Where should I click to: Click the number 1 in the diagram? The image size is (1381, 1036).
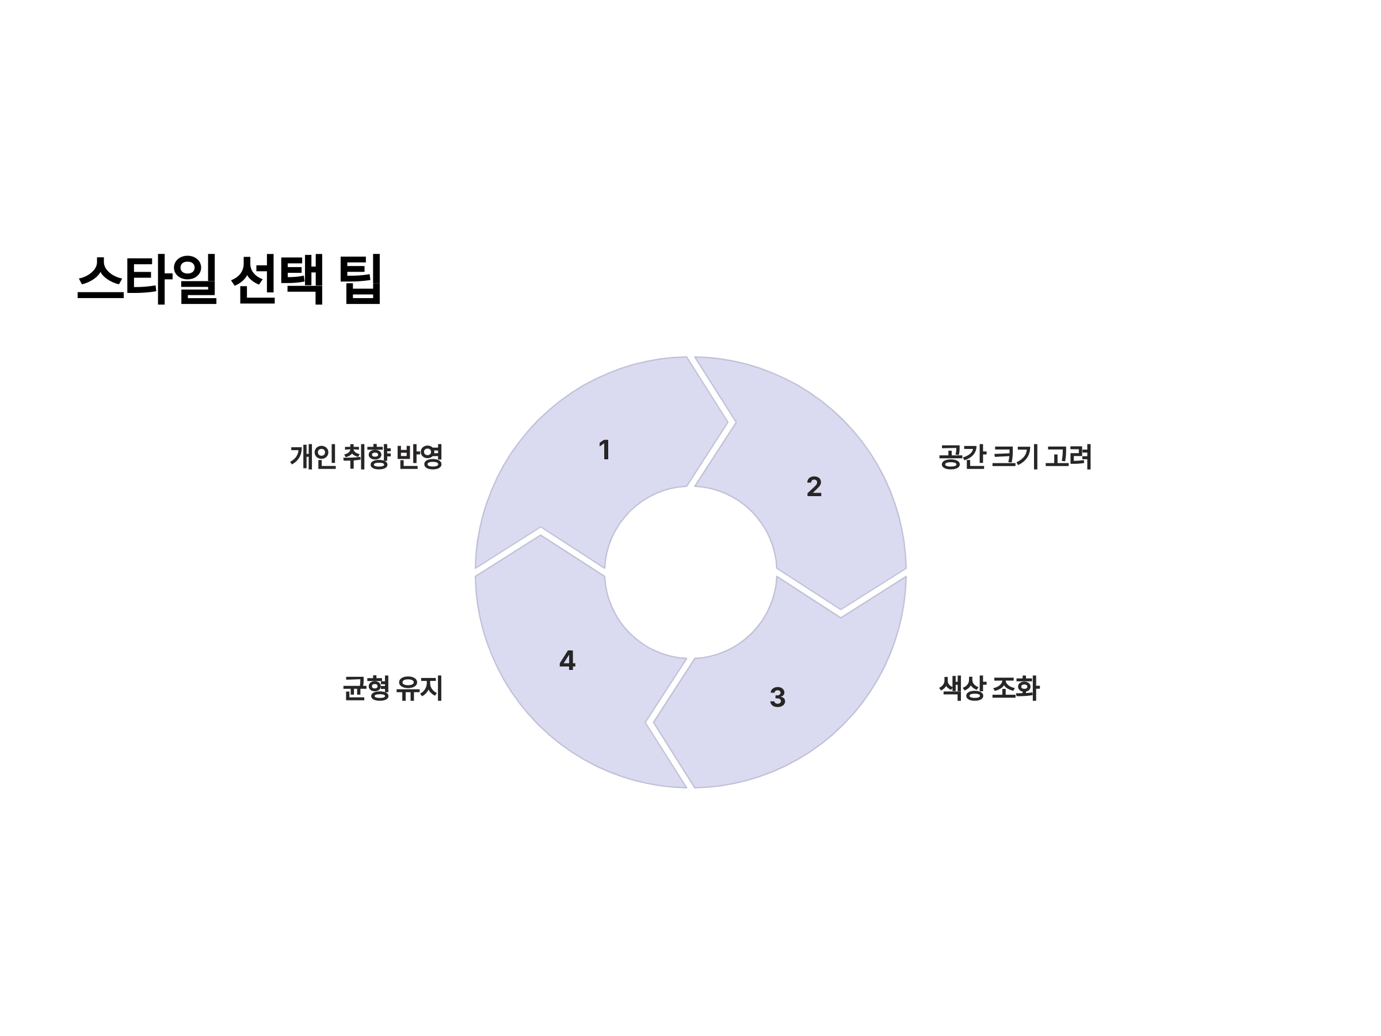coord(604,450)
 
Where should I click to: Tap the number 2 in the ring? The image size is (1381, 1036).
coord(814,486)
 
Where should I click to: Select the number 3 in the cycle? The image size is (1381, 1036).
coord(777,698)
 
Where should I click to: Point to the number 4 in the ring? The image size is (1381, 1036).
coord(567,661)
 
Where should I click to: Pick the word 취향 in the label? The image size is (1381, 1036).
coord(367,456)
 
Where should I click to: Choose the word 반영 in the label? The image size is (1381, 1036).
coord(419,456)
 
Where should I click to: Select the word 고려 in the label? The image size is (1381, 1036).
coord(1068,456)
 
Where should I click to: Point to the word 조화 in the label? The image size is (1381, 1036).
coord(1015,688)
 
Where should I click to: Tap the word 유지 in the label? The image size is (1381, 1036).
coord(419,688)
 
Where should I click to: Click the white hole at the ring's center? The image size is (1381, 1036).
coord(690,572)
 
